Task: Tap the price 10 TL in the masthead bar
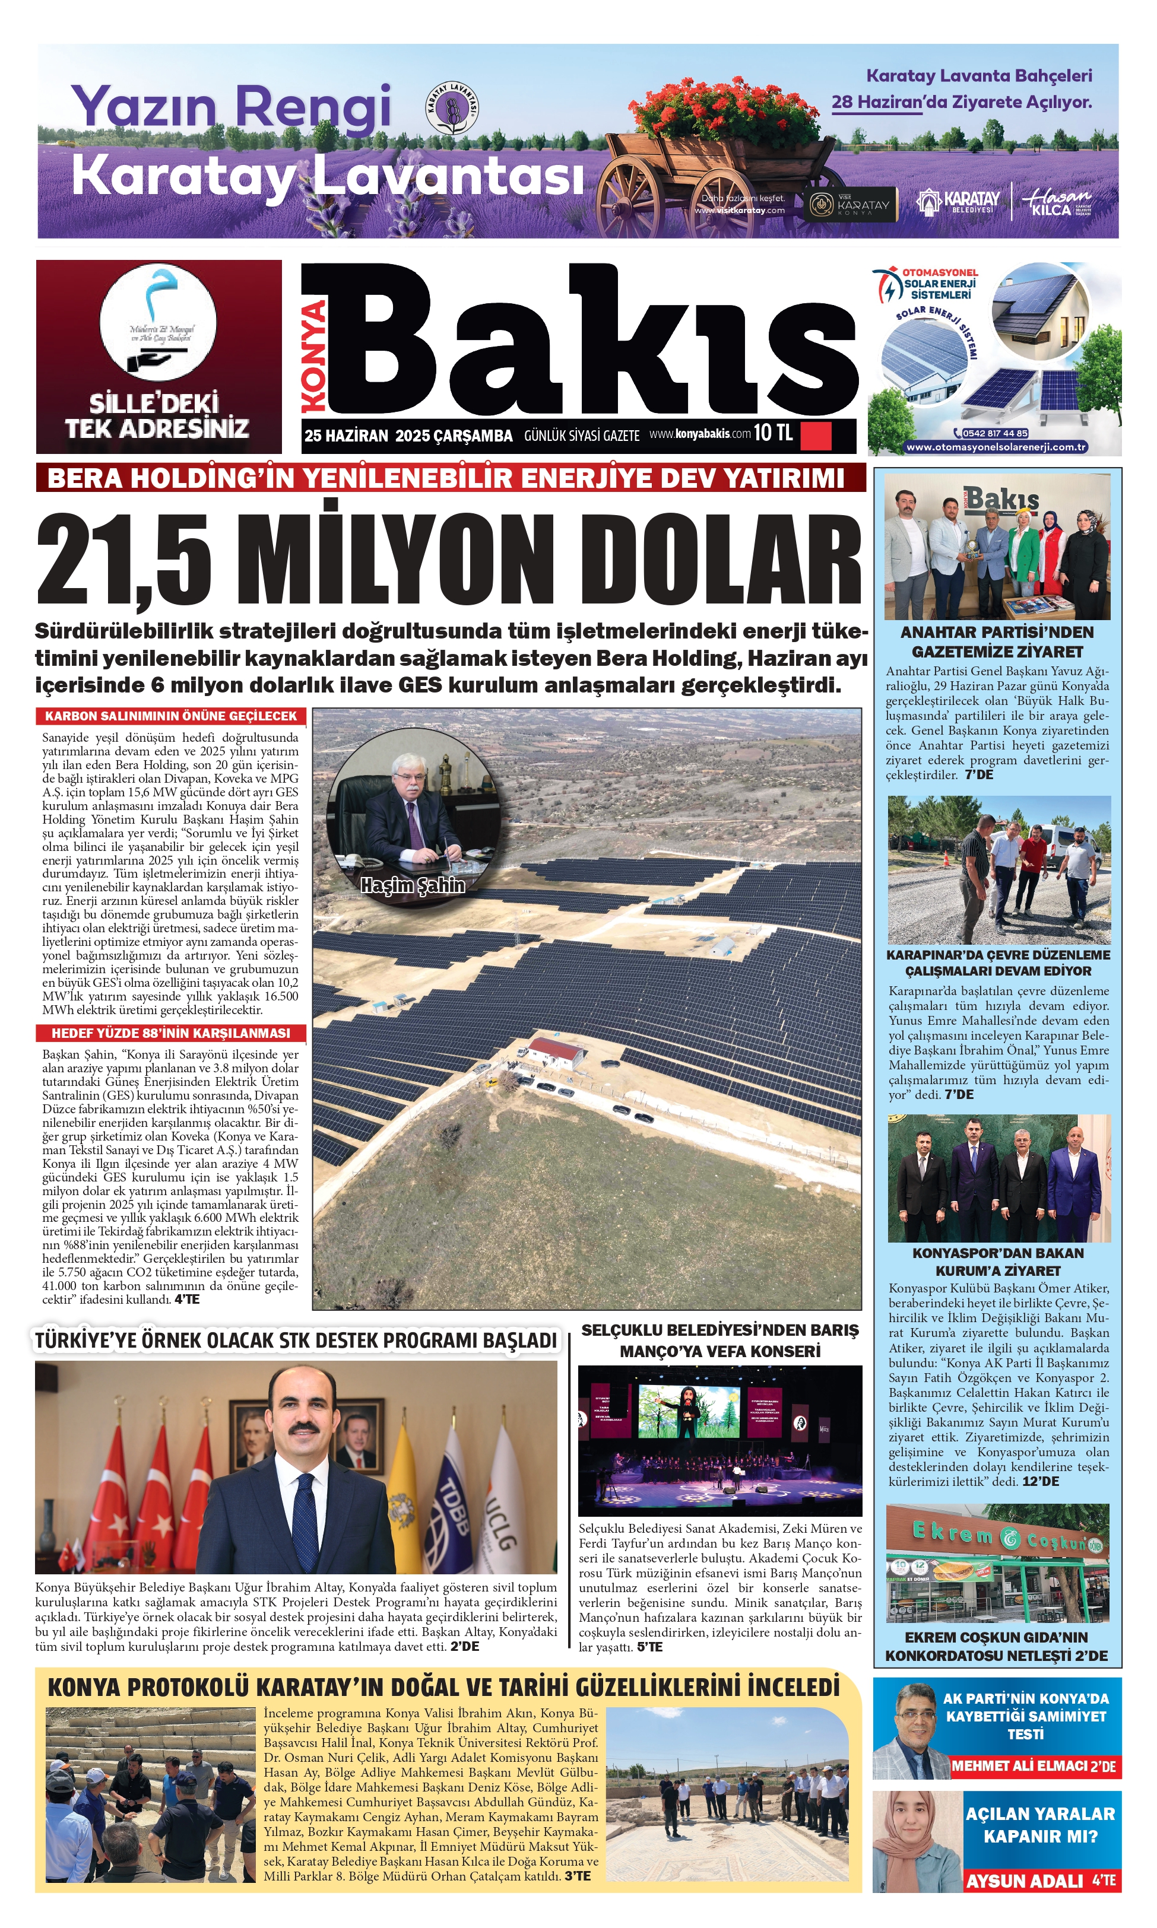pos(773,433)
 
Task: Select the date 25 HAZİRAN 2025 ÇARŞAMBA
pos(408,436)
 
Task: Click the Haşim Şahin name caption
pos(413,885)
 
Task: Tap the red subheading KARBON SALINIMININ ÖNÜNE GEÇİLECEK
pos(171,716)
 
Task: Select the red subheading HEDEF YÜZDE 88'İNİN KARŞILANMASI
pos(171,1033)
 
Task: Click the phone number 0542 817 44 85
pos(990,433)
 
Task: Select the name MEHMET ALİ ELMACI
pos(1025,1766)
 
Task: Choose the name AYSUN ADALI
pos(1025,1881)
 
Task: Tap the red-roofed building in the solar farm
pos(556,1052)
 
